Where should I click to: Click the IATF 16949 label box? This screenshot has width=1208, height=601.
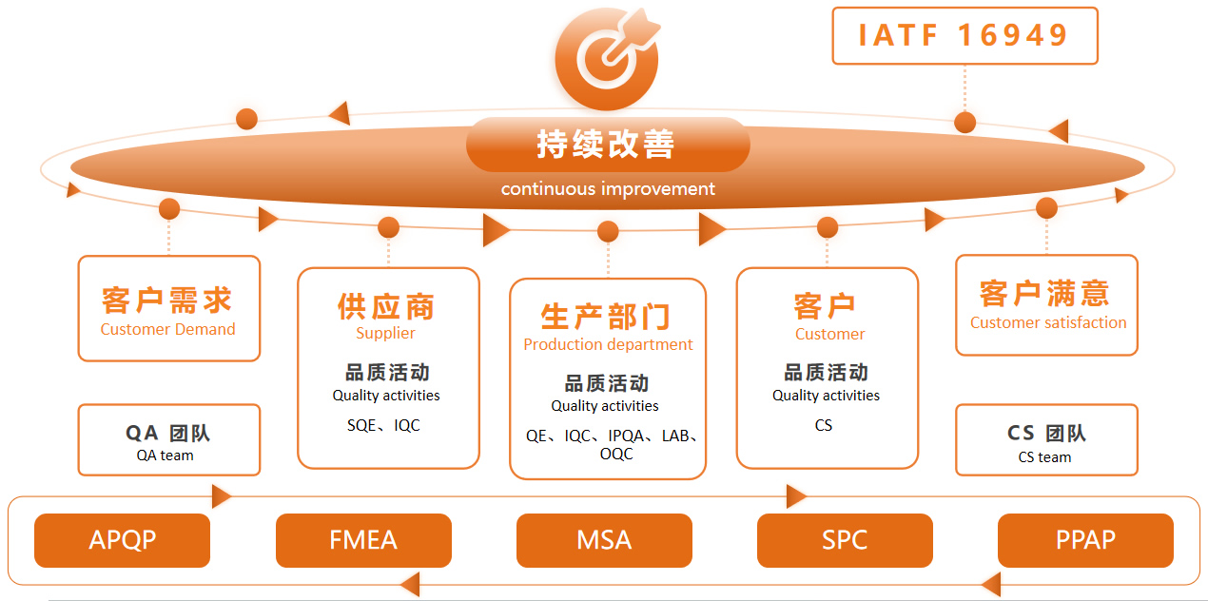click(964, 36)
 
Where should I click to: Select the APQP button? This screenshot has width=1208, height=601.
click(122, 540)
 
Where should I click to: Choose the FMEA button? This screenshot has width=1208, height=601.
click(363, 540)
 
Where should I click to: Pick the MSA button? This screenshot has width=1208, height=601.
click(604, 540)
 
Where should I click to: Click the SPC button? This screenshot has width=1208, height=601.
click(845, 540)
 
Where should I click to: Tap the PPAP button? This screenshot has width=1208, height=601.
click(1085, 540)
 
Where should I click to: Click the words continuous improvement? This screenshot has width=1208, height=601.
click(608, 188)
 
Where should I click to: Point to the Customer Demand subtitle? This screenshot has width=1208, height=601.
click(167, 329)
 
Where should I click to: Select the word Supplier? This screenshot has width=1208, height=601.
click(385, 333)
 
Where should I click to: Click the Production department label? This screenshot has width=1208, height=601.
click(608, 344)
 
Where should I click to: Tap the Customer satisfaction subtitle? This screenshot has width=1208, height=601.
click(1048, 322)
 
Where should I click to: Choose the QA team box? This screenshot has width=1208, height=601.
click(168, 440)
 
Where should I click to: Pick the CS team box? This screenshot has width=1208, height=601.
click(1046, 440)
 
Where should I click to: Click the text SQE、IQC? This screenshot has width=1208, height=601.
click(383, 425)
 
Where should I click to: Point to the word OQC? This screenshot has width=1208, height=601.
click(616, 455)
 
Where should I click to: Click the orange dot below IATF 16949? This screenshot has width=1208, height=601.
click(965, 123)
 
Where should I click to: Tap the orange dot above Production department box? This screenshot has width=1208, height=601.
click(609, 231)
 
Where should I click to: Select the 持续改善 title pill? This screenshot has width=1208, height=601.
click(608, 145)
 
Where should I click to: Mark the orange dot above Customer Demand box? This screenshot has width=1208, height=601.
click(169, 208)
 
